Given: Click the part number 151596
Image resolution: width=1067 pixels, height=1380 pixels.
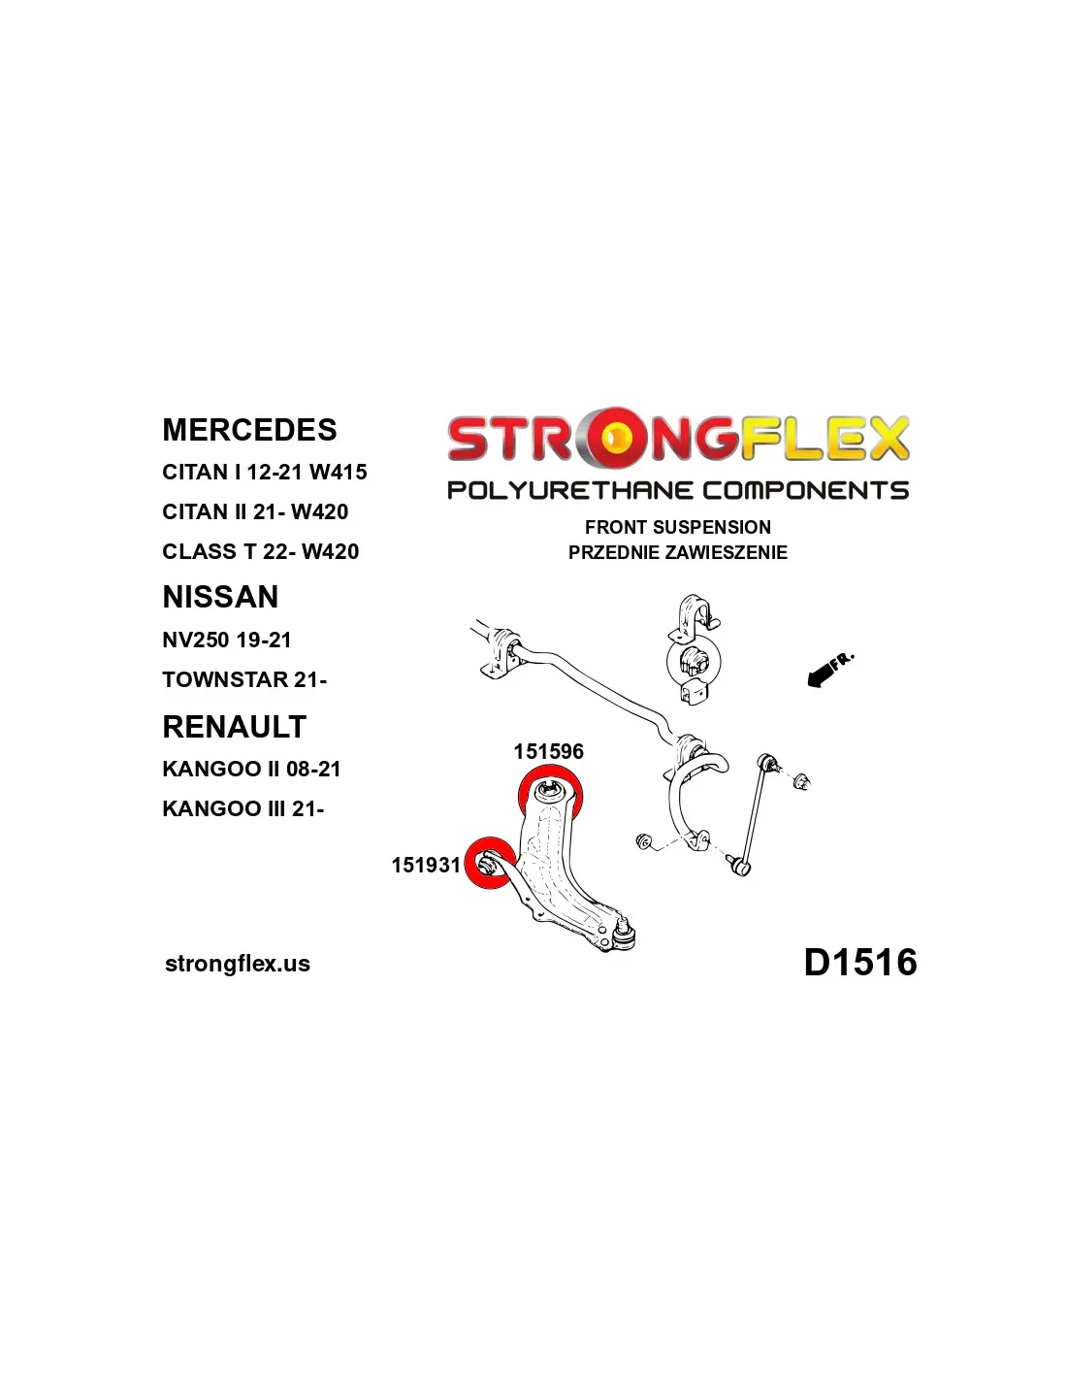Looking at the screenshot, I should [548, 751].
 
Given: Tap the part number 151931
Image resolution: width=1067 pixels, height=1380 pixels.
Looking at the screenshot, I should [426, 865].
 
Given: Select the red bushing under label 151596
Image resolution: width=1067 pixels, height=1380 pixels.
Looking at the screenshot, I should [551, 792].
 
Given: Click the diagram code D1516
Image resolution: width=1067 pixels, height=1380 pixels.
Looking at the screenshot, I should [859, 962].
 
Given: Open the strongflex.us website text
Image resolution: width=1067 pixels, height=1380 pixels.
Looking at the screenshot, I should [238, 964].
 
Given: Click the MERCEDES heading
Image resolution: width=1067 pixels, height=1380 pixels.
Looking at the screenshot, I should [249, 430].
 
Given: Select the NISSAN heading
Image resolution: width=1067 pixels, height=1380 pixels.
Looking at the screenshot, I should [220, 597].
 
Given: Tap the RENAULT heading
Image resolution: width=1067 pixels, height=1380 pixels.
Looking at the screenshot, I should [234, 727].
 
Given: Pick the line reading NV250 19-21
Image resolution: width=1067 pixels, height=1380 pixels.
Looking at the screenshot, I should [226, 641].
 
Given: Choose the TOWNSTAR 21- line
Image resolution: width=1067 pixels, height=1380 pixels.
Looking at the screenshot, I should [244, 680].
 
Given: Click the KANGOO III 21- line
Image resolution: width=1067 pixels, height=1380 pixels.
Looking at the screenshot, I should [242, 808].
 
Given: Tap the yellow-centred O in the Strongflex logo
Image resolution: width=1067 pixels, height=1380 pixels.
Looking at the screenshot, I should [613, 438].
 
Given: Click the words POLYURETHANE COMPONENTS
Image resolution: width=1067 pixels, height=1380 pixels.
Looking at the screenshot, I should [677, 491].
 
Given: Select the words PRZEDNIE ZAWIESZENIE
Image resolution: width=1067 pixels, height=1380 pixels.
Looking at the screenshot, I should [677, 552].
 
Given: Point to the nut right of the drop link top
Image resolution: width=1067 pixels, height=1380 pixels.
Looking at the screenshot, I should [801, 780].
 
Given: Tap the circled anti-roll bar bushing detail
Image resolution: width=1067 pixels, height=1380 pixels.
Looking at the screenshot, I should [695, 661].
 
